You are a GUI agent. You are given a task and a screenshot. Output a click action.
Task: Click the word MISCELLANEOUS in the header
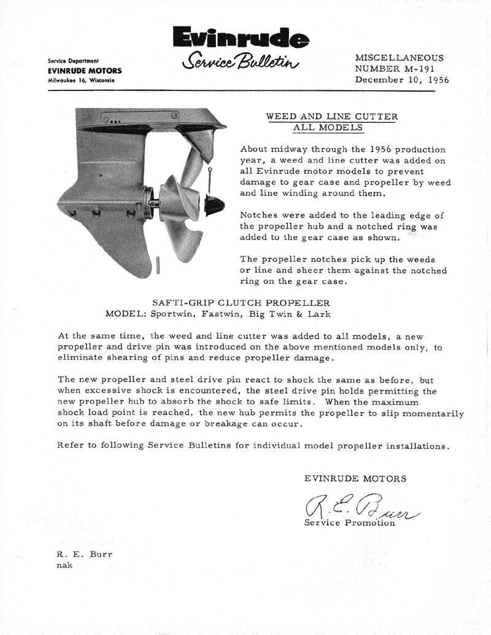[399, 57]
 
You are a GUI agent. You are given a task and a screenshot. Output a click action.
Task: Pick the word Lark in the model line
[319, 314]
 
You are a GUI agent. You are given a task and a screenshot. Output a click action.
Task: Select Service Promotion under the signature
[349, 523]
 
